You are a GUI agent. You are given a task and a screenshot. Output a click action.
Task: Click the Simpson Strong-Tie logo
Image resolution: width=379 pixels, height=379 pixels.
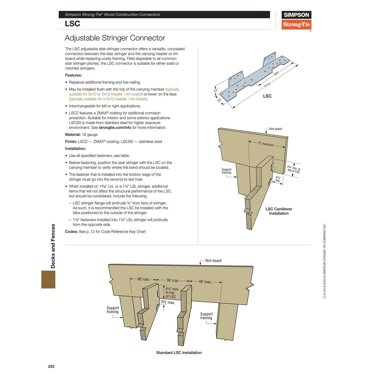pyautogui.click(x=296, y=20)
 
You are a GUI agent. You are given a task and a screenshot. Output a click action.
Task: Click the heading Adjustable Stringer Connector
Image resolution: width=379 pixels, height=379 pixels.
pyautogui.click(x=115, y=38)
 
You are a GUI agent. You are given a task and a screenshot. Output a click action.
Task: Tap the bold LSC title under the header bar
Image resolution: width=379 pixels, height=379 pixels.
pyautogui.click(x=73, y=23)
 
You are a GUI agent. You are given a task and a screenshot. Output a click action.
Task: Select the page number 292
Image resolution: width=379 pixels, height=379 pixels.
pyautogui.click(x=51, y=366)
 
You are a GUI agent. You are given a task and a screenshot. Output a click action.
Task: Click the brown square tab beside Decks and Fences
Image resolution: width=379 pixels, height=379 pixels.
pyautogui.click(x=48, y=279)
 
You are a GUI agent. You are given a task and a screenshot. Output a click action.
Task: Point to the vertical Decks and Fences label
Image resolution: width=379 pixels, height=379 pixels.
pyautogui.click(x=53, y=246)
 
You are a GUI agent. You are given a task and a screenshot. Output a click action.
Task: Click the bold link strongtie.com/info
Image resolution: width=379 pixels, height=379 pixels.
pyautogui.click(x=115, y=128)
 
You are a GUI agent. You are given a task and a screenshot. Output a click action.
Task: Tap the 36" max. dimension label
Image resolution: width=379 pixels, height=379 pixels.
pyautogui.click(x=173, y=280)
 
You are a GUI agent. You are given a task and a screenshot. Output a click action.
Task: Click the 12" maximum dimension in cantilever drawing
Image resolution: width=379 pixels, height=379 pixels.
pyautogui.click(x=266, y=144)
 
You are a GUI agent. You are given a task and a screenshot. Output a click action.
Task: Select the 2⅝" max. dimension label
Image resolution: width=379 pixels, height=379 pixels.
pyautogui.click(x=168, y=302)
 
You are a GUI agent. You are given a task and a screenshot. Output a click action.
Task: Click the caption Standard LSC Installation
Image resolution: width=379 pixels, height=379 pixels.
pyautogui.click(x=179, y=353)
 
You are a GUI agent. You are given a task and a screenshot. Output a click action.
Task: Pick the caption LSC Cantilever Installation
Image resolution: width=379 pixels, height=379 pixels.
pyautogui.click(x=279, y=211)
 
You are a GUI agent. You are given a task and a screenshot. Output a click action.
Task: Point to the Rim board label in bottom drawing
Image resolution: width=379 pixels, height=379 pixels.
pyautogui.click(x=213, y=261)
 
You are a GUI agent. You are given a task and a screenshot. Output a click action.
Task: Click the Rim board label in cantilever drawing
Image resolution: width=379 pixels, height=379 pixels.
pyautogui.click(x=275, y=129)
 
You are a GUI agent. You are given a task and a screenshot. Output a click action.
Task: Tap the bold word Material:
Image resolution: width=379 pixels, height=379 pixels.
pyautogui.click(x=73, y=135)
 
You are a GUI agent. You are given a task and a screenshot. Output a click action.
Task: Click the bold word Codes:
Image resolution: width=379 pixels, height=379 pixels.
pyautogui.click(x=71, y=232)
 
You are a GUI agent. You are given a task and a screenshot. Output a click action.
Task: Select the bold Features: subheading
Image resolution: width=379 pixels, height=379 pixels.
pyautogui.click(x=73, y=75)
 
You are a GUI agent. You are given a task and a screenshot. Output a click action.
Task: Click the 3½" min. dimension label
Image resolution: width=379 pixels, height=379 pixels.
pyautogui.click(x=278, y=179)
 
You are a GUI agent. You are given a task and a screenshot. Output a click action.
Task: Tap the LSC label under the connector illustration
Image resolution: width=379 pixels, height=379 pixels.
pyautogui.click(x=267, y=96)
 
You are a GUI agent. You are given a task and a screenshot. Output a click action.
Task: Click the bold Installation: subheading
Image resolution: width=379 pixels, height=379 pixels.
pyautogui.click(x=75, y=149)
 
